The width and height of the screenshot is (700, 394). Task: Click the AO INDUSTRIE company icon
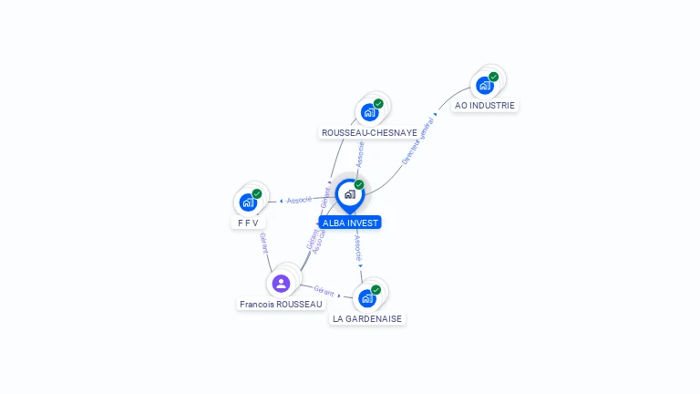click(485, 85)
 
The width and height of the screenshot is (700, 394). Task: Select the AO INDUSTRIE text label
click(485, 106)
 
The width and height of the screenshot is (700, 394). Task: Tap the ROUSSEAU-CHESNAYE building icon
click(369, 112)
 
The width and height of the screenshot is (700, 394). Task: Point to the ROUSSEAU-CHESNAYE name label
click(369, 133)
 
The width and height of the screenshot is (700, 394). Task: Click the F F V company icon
click(248, 202)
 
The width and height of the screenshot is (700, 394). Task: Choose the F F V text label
click(248, 223)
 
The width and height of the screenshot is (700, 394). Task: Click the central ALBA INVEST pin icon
click(349, 194)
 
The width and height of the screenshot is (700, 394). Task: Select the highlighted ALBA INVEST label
click(351, 223)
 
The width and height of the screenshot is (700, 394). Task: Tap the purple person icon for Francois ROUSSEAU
click(281, 283)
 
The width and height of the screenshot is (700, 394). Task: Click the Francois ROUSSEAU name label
click(281, 304)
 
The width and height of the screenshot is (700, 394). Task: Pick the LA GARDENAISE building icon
click(367, 297)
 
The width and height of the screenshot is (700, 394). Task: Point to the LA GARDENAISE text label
click(367, 319)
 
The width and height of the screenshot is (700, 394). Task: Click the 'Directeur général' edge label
click(418, 141)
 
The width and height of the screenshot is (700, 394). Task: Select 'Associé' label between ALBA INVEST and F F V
click(299, 199)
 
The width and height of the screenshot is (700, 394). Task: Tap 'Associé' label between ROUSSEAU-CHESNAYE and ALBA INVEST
click(360, 152)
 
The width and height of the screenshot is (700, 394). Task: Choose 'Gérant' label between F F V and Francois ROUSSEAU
click(264, 243)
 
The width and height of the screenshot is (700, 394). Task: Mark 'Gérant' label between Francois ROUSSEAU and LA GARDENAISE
click(324, 290)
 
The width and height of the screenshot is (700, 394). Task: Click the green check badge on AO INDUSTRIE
click(493, 77)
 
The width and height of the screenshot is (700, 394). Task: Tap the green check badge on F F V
click(257, 193)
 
